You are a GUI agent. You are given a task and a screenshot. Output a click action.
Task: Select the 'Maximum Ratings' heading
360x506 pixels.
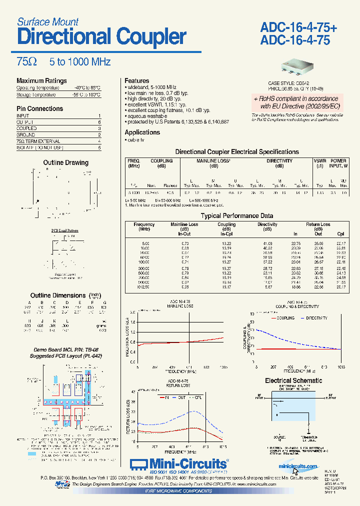[x=41, y=80]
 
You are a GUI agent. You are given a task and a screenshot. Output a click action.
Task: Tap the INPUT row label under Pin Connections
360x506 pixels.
[x=23, y=116]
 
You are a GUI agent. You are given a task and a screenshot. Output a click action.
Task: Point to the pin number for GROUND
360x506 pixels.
[x=99, y=135]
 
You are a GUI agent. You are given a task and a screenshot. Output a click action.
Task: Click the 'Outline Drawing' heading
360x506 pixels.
[x=65, y=162]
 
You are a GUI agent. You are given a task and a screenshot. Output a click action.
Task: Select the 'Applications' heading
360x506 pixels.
[x=142, y=132]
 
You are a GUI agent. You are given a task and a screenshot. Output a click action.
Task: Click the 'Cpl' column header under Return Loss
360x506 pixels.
[x=340, y=234]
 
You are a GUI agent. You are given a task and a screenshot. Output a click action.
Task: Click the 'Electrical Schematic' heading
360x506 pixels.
[x=293, y=380]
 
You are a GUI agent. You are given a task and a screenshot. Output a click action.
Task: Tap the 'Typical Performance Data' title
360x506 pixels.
[x=236, y=215]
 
